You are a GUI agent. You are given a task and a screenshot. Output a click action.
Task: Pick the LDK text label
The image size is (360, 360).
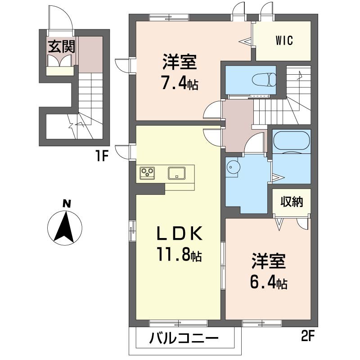[179, 234]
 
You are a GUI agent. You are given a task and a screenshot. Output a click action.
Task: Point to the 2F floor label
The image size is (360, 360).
[308, 336]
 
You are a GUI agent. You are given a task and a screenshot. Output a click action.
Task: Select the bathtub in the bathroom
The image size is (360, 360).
[291, 142]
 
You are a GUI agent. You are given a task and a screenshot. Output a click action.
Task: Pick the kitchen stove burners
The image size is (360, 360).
[147, 172]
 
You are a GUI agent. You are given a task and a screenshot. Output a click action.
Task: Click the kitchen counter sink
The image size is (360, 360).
[176, 172]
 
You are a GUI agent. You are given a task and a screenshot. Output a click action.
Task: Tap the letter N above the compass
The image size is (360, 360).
[66, 204]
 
